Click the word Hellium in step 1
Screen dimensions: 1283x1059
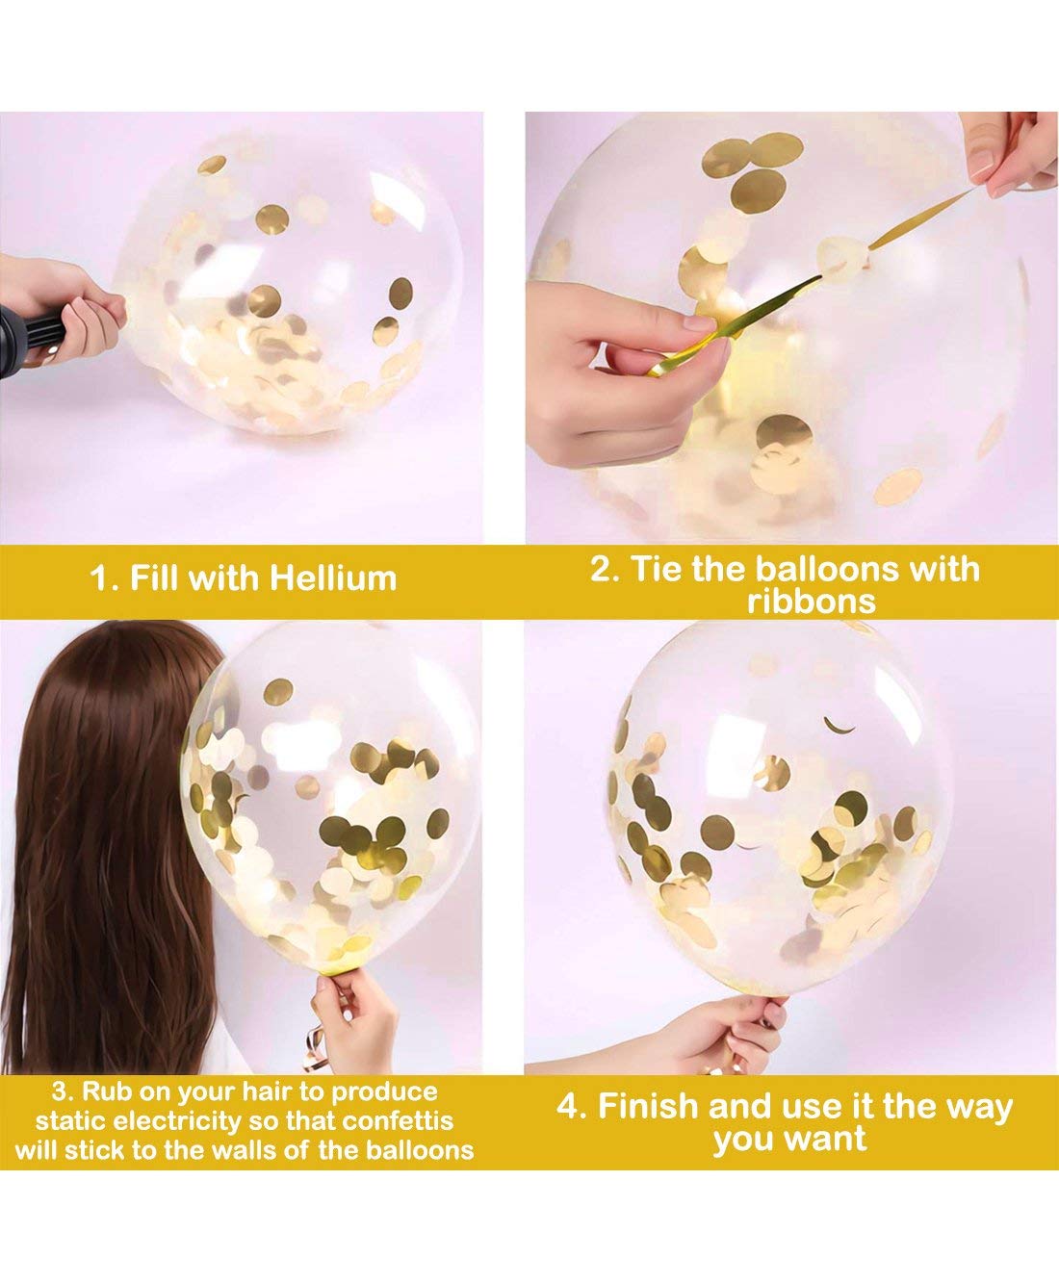(333, 578)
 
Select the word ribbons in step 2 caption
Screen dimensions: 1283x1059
(811, 602)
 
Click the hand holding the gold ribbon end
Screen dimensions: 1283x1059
(616, 356)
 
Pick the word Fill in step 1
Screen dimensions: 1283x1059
(155, 578)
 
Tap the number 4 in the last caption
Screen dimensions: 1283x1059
(571, 1106)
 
